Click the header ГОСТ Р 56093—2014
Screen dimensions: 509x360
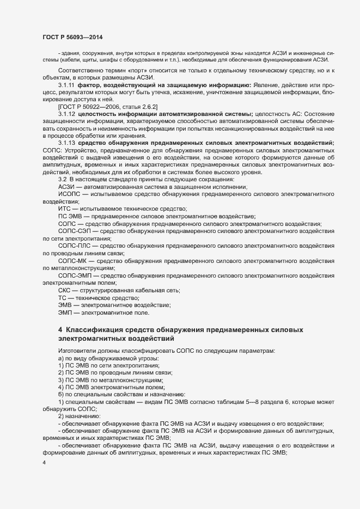pos(72,36)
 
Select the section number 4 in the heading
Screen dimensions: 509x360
pos(60,330)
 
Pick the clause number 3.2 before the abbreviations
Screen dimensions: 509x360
pos(62,179)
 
